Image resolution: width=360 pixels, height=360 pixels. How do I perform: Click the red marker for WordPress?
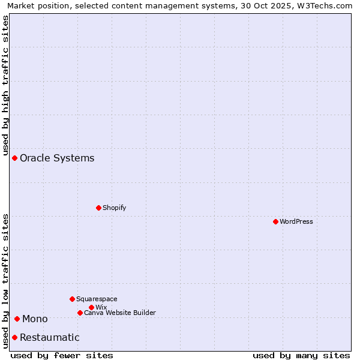[x=275, y=221]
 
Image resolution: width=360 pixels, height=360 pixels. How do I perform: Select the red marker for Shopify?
[x=98, y=208]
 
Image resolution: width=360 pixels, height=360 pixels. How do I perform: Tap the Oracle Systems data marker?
[x=14, y=158]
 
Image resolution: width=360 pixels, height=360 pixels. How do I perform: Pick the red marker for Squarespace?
[x=72, y=299]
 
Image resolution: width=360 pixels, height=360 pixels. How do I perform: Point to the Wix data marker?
[x=91, y=307]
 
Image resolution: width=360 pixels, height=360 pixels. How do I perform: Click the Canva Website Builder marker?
[x=80, y=313]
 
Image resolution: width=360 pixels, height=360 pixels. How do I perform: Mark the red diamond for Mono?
[x=17, y=319]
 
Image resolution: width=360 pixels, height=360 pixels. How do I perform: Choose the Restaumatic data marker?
[x=14, y=337]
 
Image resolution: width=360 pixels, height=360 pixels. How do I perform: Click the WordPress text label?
[x=296, y=221]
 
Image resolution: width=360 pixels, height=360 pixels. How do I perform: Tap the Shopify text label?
[x=114, y=208]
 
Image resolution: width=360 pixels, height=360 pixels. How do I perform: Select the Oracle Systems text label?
[x=57, y=158]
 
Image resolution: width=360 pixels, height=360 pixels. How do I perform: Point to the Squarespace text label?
[x=97, y=299]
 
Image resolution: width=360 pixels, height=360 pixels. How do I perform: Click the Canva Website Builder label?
[x=120, y=313]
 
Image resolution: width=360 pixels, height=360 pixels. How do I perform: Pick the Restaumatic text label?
[x=49, y=337]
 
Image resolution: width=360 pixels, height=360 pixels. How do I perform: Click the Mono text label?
[x=35, y=319]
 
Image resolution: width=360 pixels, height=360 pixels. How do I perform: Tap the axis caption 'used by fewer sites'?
[x=62, y=355]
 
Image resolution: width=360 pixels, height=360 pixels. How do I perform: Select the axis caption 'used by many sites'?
[x=301, y=355]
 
